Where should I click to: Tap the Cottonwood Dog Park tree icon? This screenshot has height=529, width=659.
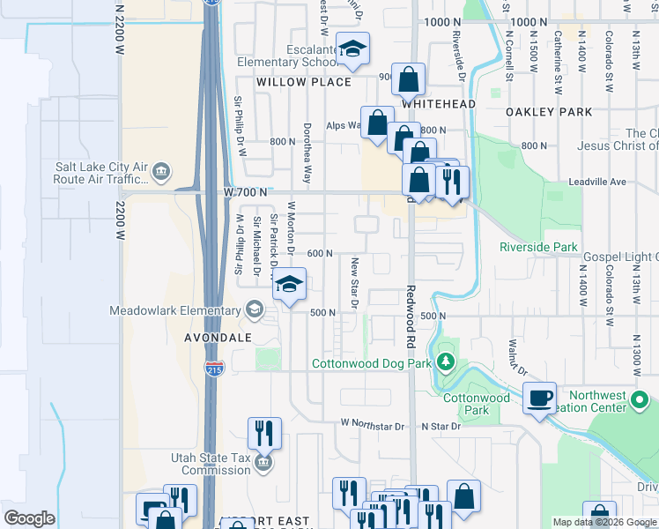point(446,361)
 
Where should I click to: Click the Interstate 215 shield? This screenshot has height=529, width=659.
point(213,369)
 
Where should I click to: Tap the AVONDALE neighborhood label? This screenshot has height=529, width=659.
point(218,338)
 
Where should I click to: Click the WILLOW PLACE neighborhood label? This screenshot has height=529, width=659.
point(303,82)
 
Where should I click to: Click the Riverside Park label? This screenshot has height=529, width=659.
point(537,247)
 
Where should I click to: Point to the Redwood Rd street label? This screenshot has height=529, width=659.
point(411,309)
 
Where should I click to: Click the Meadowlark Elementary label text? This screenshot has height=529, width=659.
point(174,310)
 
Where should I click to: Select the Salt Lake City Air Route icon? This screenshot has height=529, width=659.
point(161,171)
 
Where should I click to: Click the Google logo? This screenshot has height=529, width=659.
point(30,518)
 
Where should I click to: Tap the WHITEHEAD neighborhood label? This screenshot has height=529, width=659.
point(439,104)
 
